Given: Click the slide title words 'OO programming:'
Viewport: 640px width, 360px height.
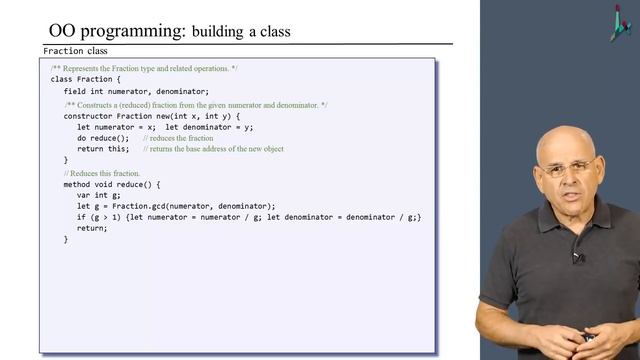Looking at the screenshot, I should pos(116,31).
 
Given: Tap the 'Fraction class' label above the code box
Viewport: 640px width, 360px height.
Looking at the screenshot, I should pos(75,51).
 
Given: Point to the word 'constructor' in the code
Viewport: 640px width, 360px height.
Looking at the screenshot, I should pos(91,116).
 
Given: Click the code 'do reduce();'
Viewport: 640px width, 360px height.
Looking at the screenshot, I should pos(103,138).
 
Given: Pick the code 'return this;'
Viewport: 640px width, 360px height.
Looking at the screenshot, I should pos(103,149).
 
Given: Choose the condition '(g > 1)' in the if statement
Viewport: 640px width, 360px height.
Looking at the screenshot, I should pos(107,217).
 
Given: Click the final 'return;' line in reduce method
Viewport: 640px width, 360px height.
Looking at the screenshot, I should pos(92,228).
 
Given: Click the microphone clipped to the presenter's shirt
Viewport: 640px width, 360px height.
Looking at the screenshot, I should pos(578,257).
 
